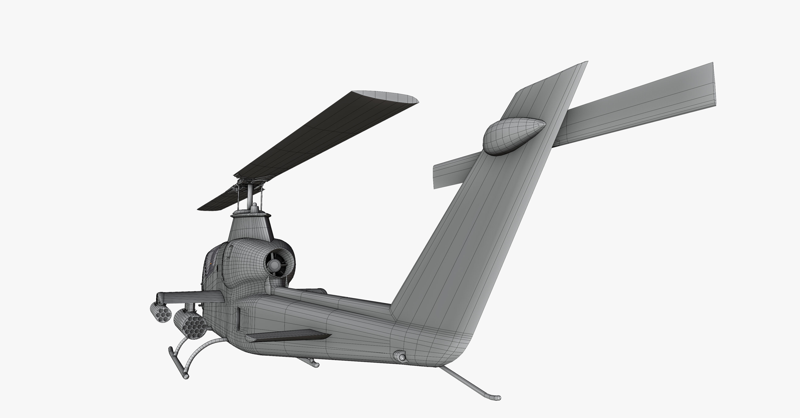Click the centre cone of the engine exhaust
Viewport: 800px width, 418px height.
pyautogui.click(x=274, y=265)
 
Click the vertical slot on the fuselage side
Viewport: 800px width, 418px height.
pyautogui.click(x=238, y=323)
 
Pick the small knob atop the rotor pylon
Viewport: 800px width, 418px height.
pyautogui.click(x=255, y=206)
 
